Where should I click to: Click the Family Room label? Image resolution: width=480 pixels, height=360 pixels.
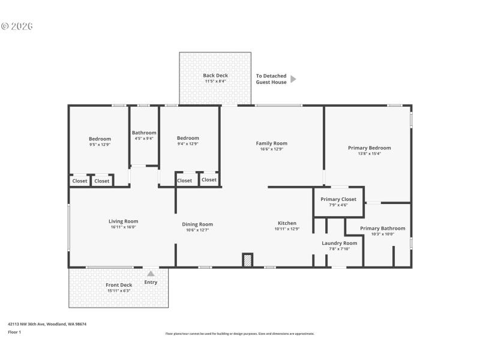pyautogui.click(x=271, y=143)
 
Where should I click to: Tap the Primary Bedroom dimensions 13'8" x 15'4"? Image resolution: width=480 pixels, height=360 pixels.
pyautogui.click(x=369, y=154)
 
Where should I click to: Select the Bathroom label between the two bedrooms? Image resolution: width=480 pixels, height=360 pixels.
pyautogui.click(x=144, y=133)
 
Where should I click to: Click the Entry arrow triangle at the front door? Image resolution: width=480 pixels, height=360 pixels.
pyautogui.click(x=151, y=274)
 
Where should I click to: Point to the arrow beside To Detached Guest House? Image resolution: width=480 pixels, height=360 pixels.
pyautogui.click(x=293, y=79)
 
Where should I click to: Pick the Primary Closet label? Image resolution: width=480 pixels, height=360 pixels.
pyautogui.click(x=338, y=199)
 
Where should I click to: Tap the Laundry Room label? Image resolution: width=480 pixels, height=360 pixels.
pyautogui.click(x=339, y=243)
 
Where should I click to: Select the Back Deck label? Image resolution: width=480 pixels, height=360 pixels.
pyautogui.click(x=215, y=76)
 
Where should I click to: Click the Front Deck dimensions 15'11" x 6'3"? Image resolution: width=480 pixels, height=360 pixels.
pyautogui.click(x=119, y=290)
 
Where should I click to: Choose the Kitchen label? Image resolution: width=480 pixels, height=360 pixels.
pyautogui.click(x=287, y=223)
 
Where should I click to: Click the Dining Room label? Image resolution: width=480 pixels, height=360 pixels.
pyautogui.click(x=197, y=224)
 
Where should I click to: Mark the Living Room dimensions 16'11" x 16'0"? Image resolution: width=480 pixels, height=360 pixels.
pyautogui.click(x=123, y=227)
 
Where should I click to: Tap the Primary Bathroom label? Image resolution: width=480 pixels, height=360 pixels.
pyautogui.click(x=382, y=228)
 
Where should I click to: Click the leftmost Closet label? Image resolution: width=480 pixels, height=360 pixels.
pyautogui.click(x=80, y=181)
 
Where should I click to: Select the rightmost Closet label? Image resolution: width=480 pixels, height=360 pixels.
pyautogui.click(x=209, y=179)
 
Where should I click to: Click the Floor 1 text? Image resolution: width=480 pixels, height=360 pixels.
pyautogui.click(x=14, y=332)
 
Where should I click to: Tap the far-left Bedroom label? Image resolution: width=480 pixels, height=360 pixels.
pyautogui.click(x=100, y=139)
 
